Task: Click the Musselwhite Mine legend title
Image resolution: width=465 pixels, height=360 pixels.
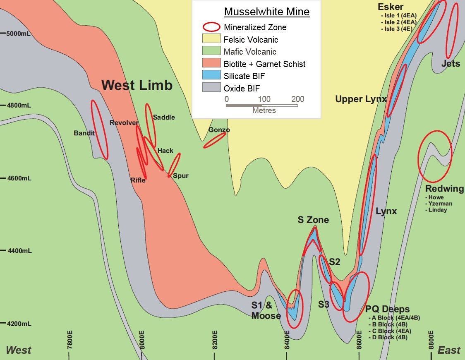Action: click(x=266, y=12)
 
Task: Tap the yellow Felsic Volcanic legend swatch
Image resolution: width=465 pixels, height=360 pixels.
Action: click(x=211, y=39)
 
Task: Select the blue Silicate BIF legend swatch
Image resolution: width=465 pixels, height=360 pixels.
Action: click(x=211, y=75)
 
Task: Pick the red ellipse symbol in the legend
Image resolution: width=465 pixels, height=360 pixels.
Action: click(x=211, y=27)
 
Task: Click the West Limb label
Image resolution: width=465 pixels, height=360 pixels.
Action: click(x=137, y=85)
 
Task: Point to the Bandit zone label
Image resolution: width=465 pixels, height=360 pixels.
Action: click(x=84, y=133)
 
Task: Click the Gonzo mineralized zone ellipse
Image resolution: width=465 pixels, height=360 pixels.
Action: click(x=214, y=140)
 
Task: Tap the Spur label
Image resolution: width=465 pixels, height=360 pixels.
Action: click(x=180, y=176)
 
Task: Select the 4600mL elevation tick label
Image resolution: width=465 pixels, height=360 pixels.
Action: click(x=19, y=178)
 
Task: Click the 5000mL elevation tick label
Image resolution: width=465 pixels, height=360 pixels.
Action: click(x=19, y=33)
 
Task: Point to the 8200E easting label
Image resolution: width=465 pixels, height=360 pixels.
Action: click(x=215, y=339)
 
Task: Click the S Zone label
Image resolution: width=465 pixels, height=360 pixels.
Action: click(x=313, y=220)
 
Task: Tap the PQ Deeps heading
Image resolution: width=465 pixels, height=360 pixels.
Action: click(x=388, y=309)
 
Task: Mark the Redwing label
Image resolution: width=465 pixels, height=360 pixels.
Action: click(x=445, y=189)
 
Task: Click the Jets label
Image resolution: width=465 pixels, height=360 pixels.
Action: click(x=451, y=64)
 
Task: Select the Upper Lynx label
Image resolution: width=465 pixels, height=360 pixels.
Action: click(x=361, y=99)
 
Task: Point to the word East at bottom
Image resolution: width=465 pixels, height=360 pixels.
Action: click(x=449, y=350)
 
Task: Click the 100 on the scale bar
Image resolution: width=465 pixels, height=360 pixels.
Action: click(x=264, y=99)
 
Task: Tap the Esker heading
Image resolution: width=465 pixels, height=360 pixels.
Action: click(x=390, y=7)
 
